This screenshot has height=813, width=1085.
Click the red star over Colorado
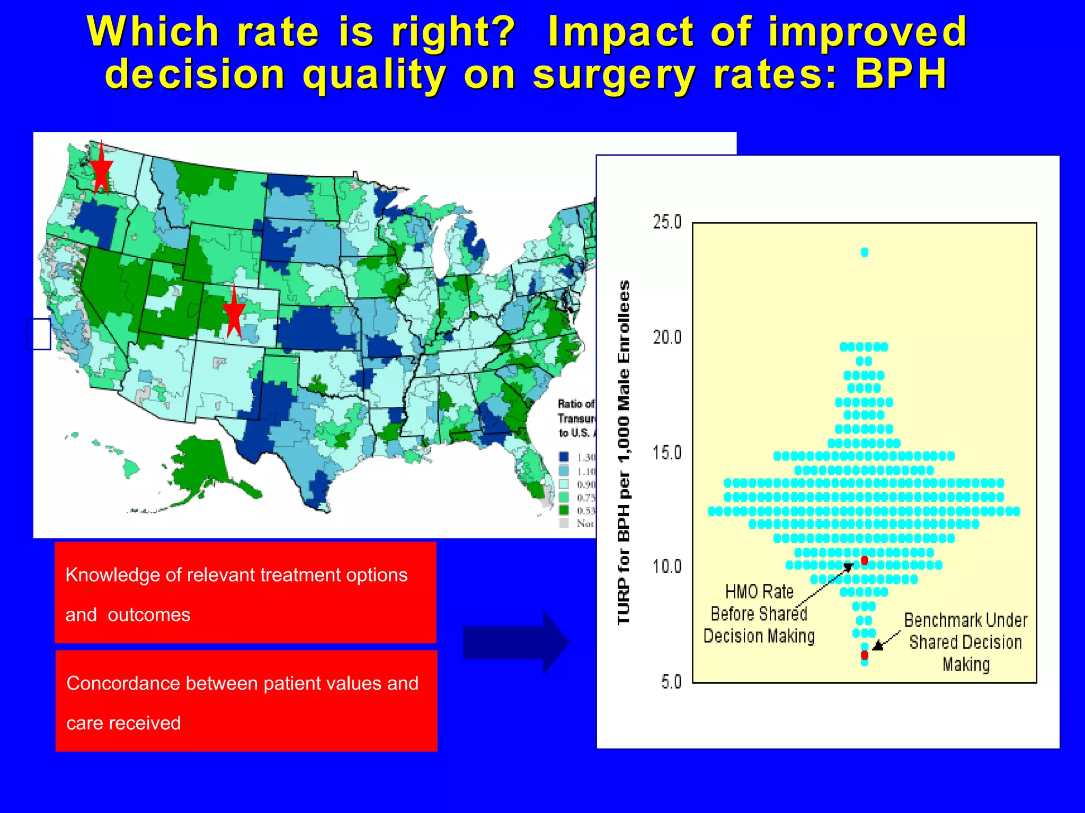point(234,313)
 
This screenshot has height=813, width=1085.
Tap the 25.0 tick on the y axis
point(666,222)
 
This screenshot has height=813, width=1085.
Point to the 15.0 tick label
point(666,453)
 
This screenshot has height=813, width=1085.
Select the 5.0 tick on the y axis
point(671,682)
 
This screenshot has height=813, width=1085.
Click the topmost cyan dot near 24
point(865,252)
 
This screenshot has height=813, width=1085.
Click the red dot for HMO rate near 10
point(865,560)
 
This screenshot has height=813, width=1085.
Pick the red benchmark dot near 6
point(865,655)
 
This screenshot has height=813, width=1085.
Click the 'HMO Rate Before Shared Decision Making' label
point(759,614)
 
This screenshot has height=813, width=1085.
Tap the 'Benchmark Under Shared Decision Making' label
point(965,642)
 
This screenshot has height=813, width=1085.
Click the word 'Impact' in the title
point(620,32)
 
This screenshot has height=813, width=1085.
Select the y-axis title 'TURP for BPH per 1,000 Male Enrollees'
point(624,453)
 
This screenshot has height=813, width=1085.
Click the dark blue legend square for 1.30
point(564,457)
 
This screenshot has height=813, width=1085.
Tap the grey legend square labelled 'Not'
point(564,523)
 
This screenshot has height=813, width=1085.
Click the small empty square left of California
point(39,333)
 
